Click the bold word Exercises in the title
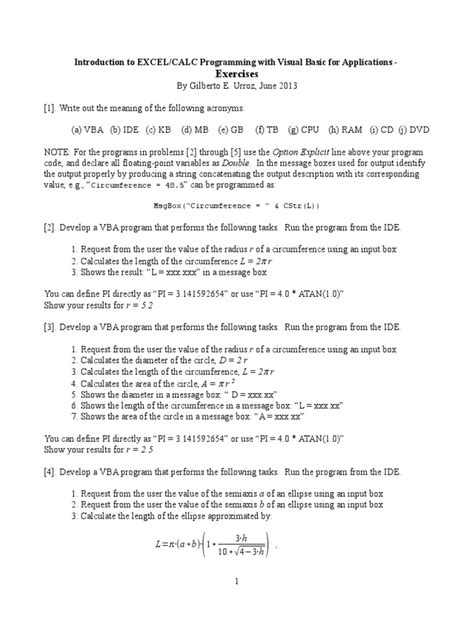coord(236,72)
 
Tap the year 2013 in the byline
coord(283,85)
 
